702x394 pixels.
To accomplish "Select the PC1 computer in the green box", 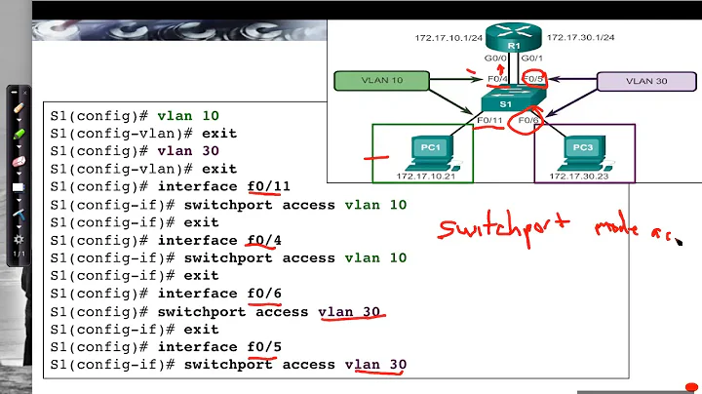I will [425, 151].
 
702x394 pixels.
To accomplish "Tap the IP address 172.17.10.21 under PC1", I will [426, 176].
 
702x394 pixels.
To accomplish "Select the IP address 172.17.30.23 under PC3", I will [583, 176].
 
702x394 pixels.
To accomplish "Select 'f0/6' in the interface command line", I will [264, 294].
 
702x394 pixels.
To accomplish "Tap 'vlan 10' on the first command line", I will [183, 115].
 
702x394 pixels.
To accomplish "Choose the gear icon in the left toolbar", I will [17, 239].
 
